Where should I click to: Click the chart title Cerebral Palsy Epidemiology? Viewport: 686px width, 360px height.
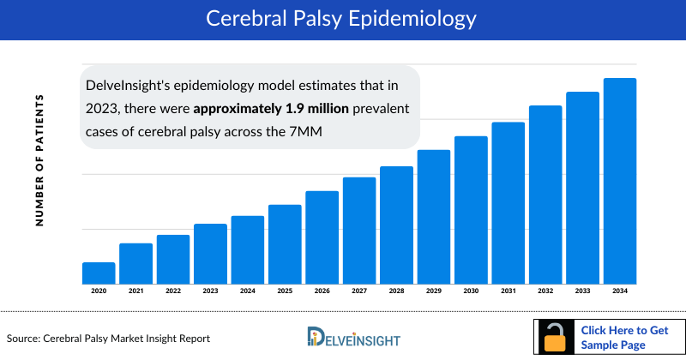click(343, 18)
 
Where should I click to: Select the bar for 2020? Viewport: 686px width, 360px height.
click(99, 273)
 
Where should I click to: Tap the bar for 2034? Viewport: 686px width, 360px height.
click(620, 181)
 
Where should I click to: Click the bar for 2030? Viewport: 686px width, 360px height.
click(471, 209)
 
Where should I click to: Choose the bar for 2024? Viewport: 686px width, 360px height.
click(248, 249)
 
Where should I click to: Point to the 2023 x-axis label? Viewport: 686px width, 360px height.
click(210, 291)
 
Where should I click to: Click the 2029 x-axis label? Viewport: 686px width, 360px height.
click(434, 291)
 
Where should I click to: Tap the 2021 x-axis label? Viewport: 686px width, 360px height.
click(135, 291)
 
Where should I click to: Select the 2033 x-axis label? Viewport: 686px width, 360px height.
click(583, 291)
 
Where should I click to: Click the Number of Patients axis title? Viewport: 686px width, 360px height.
click(39, 160)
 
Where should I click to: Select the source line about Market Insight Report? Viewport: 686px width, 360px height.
click(109, 339)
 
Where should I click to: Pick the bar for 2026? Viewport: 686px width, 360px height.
click(322, 237)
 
